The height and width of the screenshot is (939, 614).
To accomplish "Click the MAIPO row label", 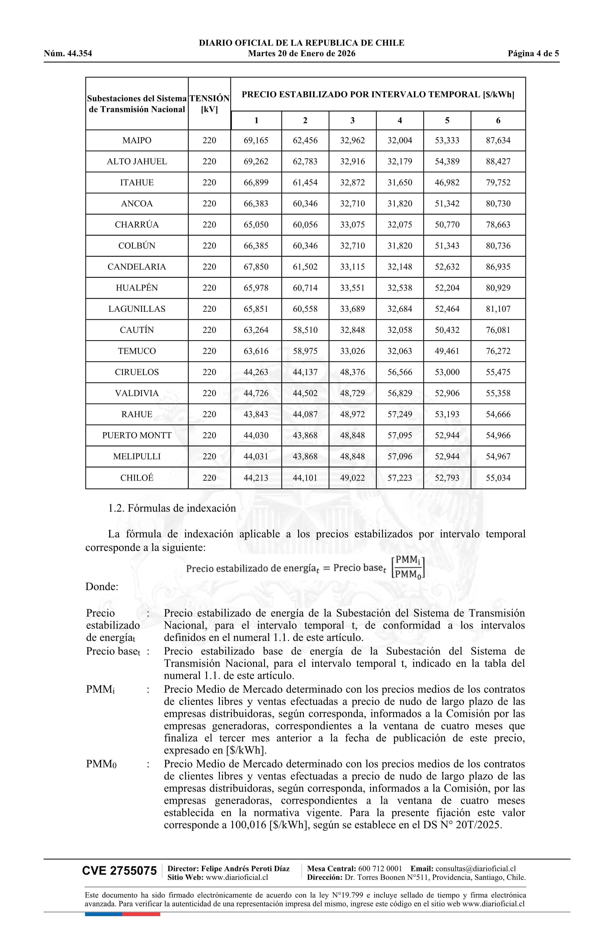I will click(137, 140).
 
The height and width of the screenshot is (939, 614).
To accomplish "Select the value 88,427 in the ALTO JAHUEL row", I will click(498, 161).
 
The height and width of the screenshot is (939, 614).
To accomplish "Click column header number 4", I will click(400, 121).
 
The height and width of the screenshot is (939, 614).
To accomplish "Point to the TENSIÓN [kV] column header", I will click(209, 104).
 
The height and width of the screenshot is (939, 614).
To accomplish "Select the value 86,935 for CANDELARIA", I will click(498, 267).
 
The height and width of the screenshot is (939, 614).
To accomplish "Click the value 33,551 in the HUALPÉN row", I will click(352, 288).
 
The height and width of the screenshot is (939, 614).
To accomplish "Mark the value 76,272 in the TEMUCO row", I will click(498, 351).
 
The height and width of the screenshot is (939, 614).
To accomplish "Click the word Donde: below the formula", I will click(102, 587).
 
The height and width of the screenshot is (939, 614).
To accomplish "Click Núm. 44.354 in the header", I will click(68, 54).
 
